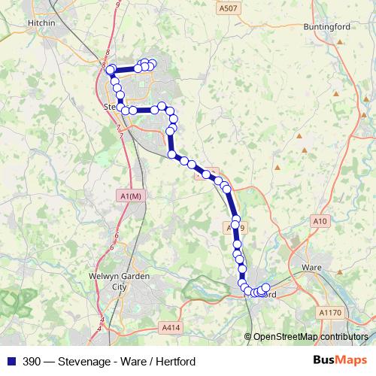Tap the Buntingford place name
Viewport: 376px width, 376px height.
pos(327,26)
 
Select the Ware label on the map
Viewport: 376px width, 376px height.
pos(311,267)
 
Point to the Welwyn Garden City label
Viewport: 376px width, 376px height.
pos(120,281)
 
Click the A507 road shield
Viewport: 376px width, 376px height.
pos(229,8)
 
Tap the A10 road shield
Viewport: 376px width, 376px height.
pos(321,220)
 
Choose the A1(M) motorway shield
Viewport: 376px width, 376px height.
pos(130,196)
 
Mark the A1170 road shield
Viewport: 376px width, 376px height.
pos(330,311)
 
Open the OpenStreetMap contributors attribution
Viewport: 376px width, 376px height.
pos(311,337)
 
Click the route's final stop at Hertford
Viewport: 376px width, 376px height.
pos(265,288)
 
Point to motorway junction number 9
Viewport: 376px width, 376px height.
pos(118,5)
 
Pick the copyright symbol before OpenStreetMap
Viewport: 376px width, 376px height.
pos(249,337)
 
